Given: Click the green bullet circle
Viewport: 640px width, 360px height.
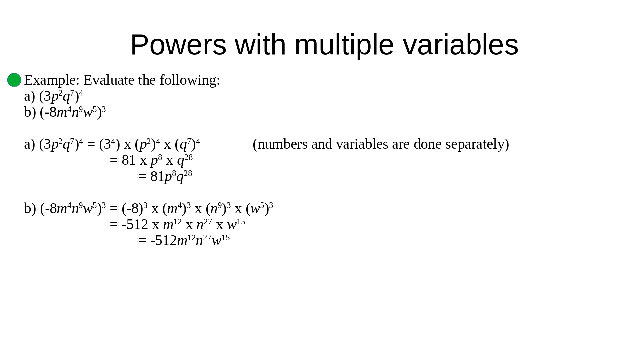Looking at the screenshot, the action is [x=14, y=80].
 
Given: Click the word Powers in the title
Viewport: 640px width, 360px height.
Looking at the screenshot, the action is [x=178, y=45].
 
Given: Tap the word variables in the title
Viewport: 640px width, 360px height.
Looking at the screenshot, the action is [x=461, y=45].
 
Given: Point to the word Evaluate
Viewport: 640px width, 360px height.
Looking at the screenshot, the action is [x=109, y=80].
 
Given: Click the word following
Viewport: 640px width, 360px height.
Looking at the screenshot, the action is [x=190, y=80].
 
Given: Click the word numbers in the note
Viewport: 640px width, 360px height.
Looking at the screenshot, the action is [x=280, y=144].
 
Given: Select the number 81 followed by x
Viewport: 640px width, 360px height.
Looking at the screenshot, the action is [x=129, y=160].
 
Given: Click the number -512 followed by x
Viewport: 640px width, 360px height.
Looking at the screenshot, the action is [x=135, y=225].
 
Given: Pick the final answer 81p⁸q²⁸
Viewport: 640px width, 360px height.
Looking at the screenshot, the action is [x=171, y=176].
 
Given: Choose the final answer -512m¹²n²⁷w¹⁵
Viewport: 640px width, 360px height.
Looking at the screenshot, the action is [x=190, y=240].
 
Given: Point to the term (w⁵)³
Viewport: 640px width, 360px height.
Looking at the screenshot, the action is [x=259, y=208].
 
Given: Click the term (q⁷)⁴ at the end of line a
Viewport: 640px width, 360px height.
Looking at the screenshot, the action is [x=187, y=144].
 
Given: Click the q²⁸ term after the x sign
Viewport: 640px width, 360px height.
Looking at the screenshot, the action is [x=185, y=161].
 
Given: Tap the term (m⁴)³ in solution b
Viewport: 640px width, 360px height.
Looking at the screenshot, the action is [x=177, y=208].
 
